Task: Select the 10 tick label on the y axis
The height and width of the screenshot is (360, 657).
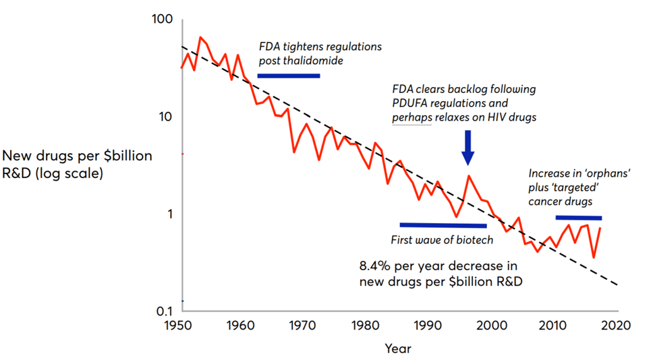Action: pyautogui.click(x=166, y=117)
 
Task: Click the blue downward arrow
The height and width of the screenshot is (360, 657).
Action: pyautogui.click(x=468, y=147)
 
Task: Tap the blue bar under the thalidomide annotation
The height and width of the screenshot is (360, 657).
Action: pyautogui.click(x=289, y=76)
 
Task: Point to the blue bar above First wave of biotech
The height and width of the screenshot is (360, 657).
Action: pyautogui.click(x=442, y=225)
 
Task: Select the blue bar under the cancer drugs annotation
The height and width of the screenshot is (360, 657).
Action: pyautogui.click(x=578, y=218)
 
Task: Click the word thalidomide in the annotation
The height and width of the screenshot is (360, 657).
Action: pyautogui.click(x=314, y=61)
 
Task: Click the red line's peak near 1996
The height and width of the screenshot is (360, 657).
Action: pyautogui.click(x=469, y=176)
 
